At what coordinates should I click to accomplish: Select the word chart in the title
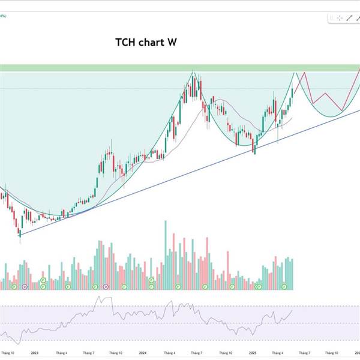152,43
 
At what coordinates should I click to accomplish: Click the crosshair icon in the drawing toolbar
340,18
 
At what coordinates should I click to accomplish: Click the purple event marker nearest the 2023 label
25,287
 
